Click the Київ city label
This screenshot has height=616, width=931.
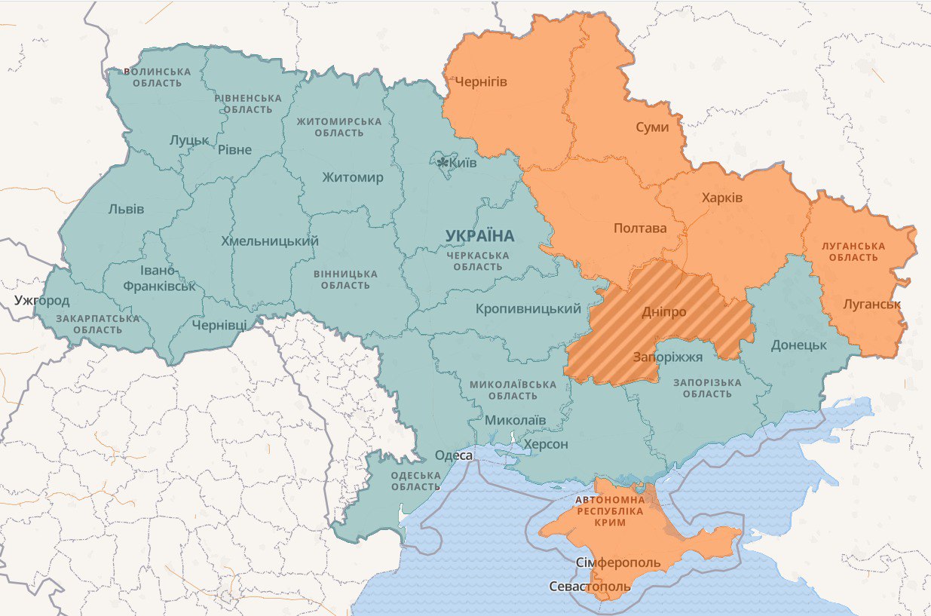[462, 163]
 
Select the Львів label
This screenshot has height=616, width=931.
[126, 209]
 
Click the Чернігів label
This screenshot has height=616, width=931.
[480, 81]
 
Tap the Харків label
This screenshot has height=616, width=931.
[721, 198]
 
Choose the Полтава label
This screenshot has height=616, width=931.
[639, 228]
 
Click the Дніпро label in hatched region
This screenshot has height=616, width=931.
[664, 311]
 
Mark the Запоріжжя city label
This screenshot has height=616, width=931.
[667, 357]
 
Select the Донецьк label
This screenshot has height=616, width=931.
[799, 345]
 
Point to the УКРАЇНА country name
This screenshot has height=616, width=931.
[479, 236]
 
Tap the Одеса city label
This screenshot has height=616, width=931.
[454, 455]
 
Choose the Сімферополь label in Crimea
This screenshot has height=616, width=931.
[617, 562]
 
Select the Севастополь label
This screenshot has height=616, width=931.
[590, 586]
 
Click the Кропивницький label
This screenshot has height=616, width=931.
[528, 308]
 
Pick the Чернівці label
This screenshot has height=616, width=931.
[219, 324]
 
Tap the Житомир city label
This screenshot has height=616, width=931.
[352, 178]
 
